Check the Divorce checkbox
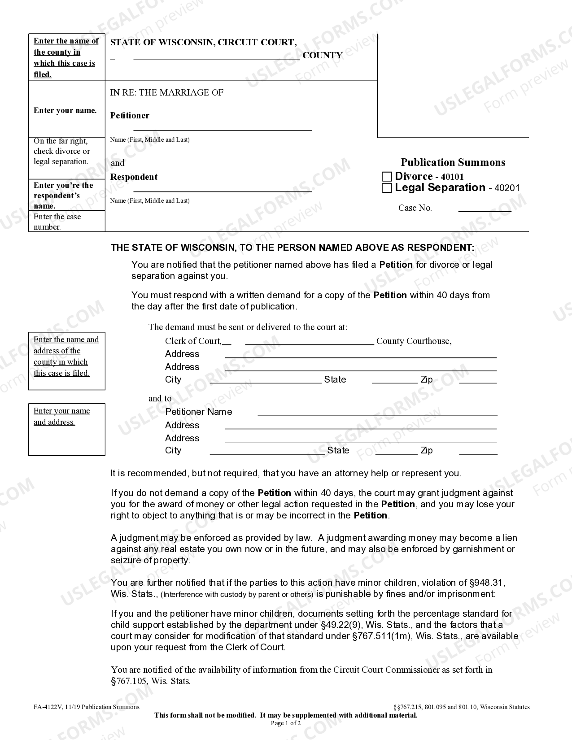coord(387,177)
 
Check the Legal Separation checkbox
coord(387,188)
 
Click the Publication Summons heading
coord(453,162)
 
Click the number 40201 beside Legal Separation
coord(507,188)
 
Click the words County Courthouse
coord(414,341)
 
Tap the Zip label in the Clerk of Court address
coord(427,380)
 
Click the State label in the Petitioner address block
coord(338,450)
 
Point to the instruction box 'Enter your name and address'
coord(66,429)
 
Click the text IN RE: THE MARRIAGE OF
coord(167,93)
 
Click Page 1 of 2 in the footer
coord(286,723)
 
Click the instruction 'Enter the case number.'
coord(57,222)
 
